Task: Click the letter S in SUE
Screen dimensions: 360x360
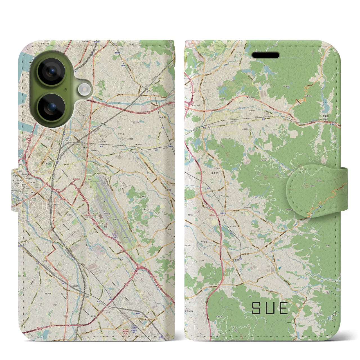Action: point(256,308)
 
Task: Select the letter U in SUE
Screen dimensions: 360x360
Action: point(270,308)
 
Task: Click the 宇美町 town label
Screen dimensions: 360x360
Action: point(235,260)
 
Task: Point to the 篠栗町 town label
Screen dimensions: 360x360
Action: point(325,116)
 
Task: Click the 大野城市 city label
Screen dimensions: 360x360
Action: point(189,311)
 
